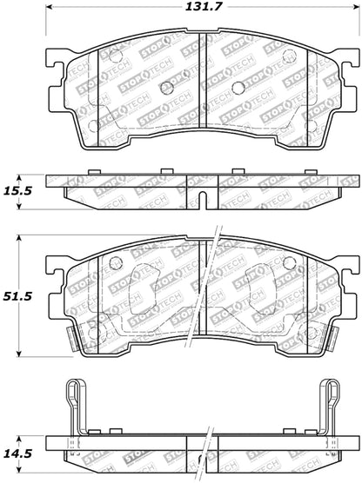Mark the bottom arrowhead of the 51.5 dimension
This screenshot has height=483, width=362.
[x=21, y=354]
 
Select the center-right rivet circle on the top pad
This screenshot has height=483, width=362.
[x=238, y=87]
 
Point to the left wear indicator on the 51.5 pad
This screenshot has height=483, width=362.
[x=74, y=334]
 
